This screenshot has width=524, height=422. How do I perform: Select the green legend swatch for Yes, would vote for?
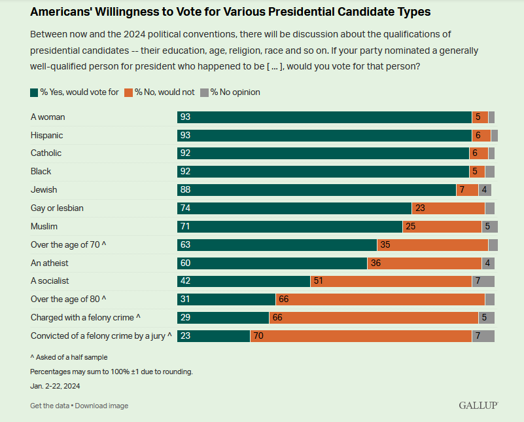[x=34, y=92]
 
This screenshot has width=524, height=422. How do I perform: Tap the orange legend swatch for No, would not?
[x=129, y=92]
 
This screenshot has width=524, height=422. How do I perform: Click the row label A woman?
[x=48, y=117]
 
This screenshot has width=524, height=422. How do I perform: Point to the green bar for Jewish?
[x=317, y=190]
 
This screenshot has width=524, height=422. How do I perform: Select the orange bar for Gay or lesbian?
[x=448, y=208]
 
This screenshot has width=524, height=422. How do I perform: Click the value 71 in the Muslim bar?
[x=185, y=227]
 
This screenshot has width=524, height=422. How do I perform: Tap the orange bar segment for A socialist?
[x=391, y=281]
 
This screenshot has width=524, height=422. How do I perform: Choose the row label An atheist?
[x=50, y=263]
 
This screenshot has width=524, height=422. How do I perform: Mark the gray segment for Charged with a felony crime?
[x=486, y=318]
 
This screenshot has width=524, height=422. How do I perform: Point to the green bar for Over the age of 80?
[x=226, y=299]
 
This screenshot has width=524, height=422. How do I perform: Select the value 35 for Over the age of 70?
[x=385, y=245]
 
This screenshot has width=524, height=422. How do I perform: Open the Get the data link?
[x=49, y=406]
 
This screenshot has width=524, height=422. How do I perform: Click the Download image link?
[x=101, y=406]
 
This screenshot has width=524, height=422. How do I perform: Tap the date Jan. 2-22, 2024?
[x=56, y=386]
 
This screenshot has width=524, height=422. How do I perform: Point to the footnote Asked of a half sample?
[x=69, y=357]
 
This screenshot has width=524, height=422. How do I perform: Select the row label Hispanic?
[x=46, y=135]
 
